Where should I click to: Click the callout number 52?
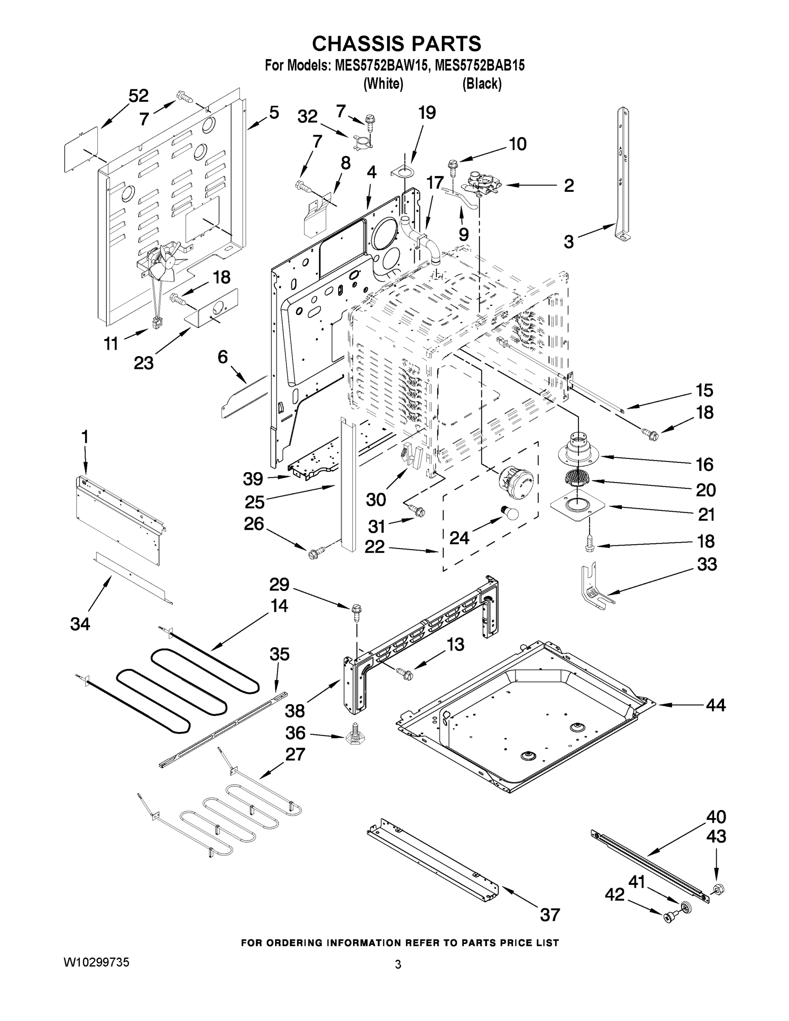click(138, 96)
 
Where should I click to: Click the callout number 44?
click(715, 704)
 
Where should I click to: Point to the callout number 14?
click(279, 606)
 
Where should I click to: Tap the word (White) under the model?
click(383, 84)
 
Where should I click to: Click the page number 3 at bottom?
click(398, 964)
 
